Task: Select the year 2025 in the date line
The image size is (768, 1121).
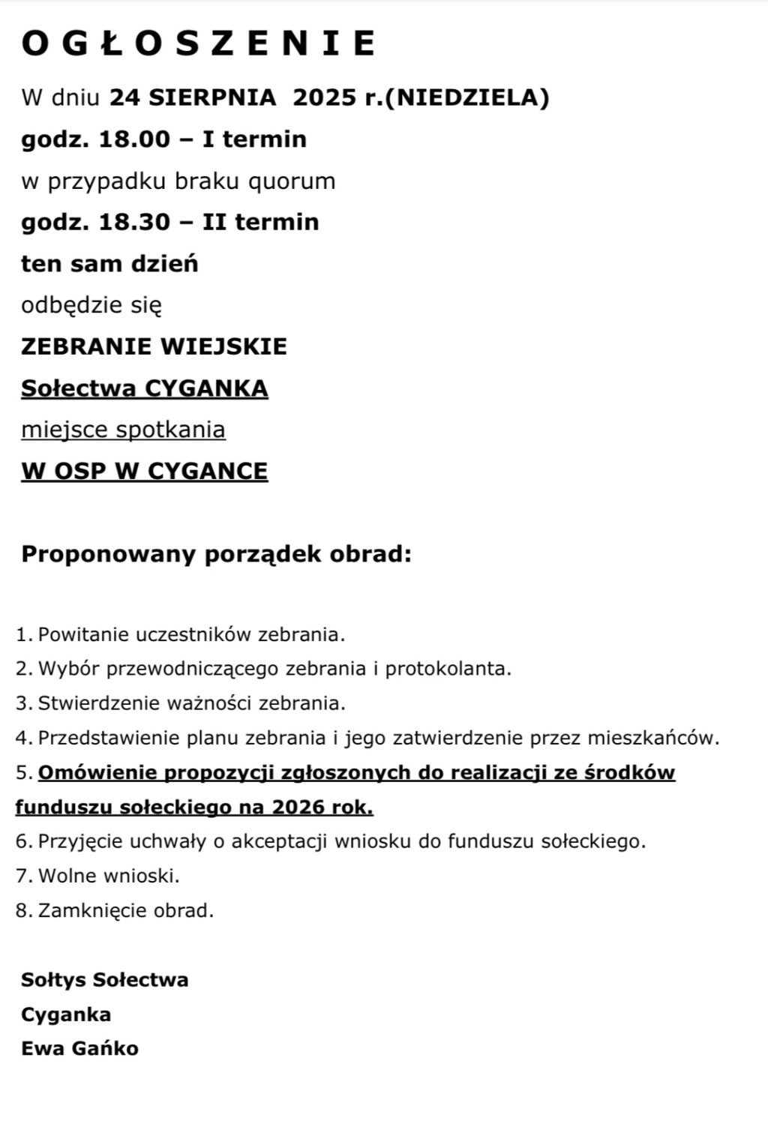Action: (x=324, y=97)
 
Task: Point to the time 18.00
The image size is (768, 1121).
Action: (x=135, y=139)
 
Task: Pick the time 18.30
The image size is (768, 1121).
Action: (x=135, y=222)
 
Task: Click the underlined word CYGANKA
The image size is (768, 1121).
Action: (x=206, y=388)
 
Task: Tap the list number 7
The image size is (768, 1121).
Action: (x=22, y=875)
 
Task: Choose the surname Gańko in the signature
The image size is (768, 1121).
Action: (x=105, y=1048)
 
